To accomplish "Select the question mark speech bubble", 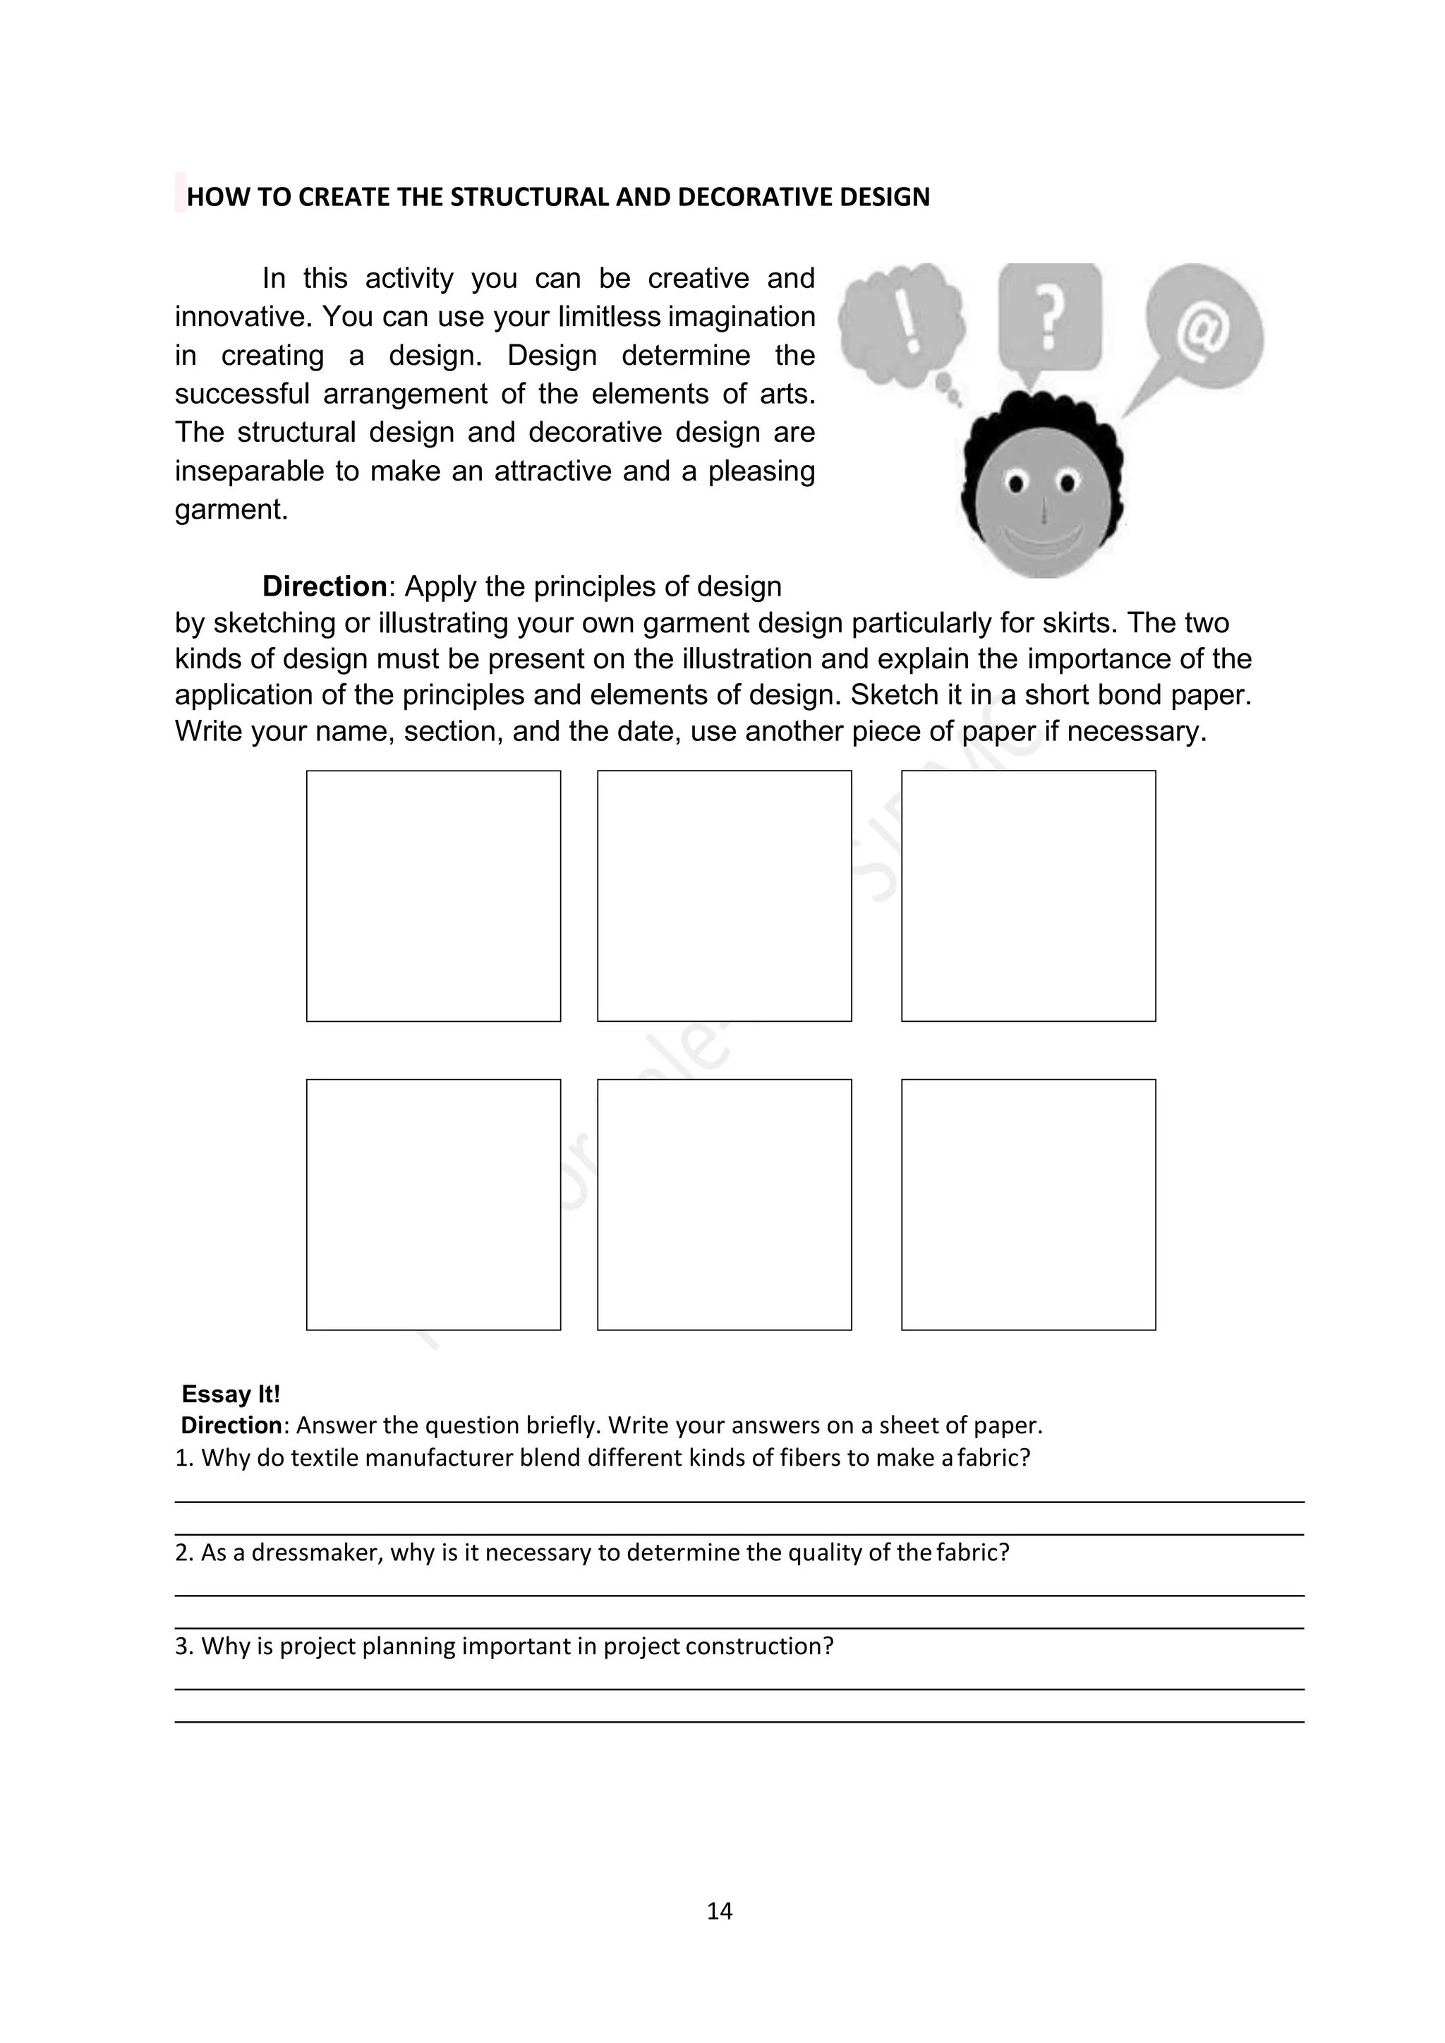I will (x=1050, y=318).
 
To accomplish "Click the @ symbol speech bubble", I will (x=1203, y=325).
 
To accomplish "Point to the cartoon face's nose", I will (x=1043, y=511).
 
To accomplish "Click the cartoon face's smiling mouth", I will (x=1043, y=539).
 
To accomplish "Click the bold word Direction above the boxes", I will (x=324, y=586).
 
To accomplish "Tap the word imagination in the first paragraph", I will (x=741, y=317).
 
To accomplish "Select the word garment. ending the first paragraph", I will (x=231, y=510).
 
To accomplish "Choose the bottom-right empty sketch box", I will (x=1028, y=1204).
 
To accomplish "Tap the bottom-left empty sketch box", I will (x=433, y=1204).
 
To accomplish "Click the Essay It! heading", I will (x=231, y=1394).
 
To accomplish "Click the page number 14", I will (x=719, y=1910).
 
